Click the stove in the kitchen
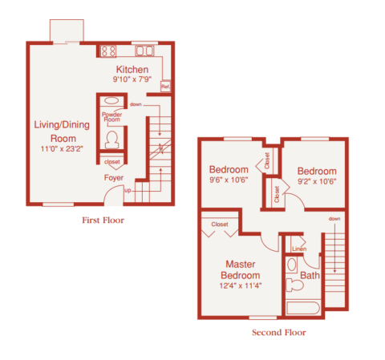[108, 51]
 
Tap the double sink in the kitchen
[144, 51]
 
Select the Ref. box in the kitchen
[165, 85]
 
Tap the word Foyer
[113, 177]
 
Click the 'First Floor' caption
[103, 219]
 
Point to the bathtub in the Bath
[302, 308]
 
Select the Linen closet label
[298, 249]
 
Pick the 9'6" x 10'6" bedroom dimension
[230, 180]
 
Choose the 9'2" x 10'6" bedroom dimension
[316, 180]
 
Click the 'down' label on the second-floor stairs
[334, 219]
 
